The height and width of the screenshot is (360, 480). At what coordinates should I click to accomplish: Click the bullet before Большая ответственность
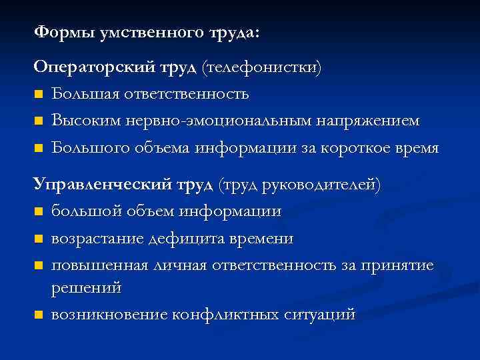(39, 95)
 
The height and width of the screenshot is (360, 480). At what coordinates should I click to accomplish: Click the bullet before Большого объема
(39, 148)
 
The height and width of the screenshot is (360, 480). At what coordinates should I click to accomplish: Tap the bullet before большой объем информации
(39, 212)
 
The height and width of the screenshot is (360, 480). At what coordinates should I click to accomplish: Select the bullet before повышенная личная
(39, 265)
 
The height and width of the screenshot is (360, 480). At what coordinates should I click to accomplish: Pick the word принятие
(397, 265)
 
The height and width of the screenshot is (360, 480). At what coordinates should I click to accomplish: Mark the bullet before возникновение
(39, 315)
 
